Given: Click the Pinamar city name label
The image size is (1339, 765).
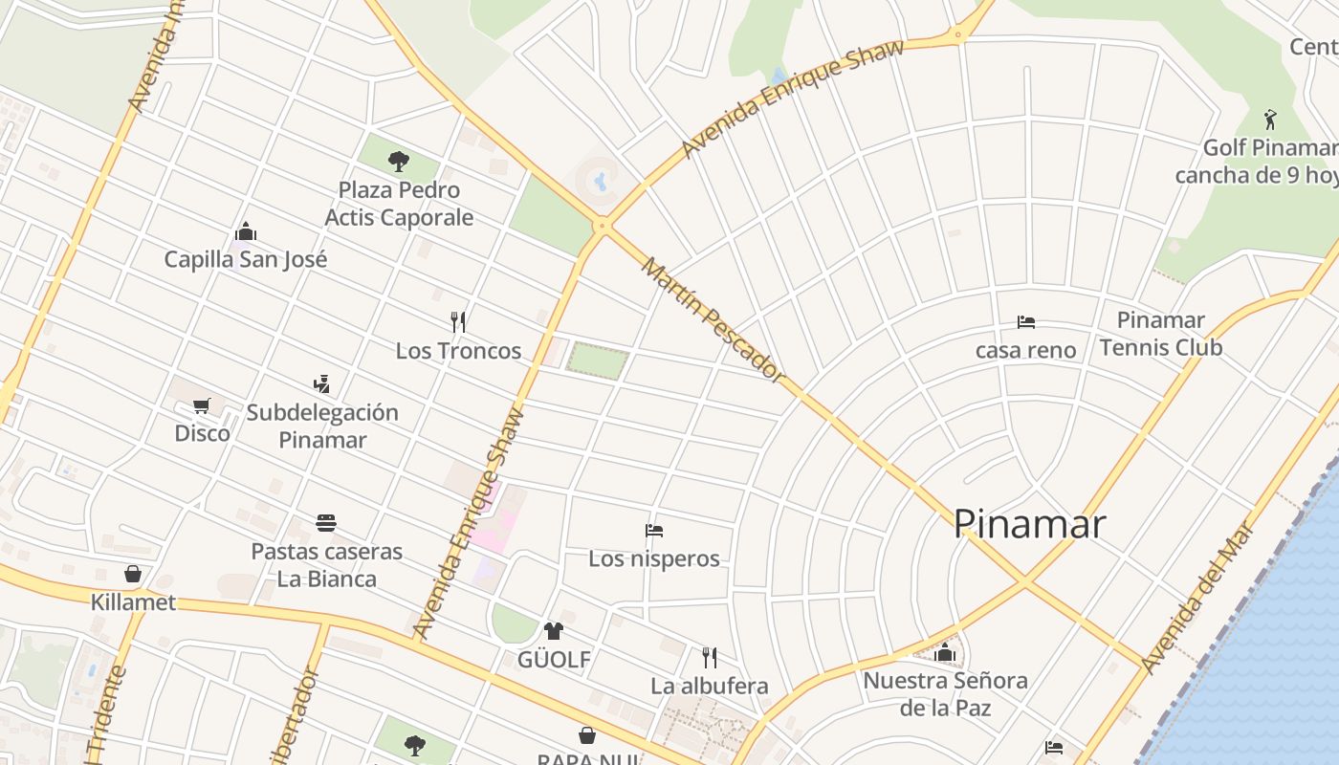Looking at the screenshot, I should click(x=1029, y=524).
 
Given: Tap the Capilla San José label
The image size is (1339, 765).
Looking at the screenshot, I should click(x=246, y=259).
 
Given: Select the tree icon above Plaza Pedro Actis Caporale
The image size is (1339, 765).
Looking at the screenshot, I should click(x=399, y=161).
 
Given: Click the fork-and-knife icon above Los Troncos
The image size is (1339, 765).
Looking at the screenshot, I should click(x=458, y=321).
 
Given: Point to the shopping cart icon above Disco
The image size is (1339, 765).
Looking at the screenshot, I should click(x=201, y=405).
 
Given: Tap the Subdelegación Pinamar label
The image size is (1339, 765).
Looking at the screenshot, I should click(x=322, y=426).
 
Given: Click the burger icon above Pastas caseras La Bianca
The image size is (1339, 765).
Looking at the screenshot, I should click(x=326, y=523).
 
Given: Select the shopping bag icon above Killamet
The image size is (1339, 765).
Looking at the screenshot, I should click(x=133, y=574).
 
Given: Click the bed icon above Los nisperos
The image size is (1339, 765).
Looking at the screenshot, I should click(x=654, y=530).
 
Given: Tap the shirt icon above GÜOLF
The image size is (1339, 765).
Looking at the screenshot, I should click(x=554, y=631).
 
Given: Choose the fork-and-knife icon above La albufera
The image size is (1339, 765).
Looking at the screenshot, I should click(x=709, y=658).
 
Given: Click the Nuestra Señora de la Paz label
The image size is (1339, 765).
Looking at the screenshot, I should click(x=945, y=694).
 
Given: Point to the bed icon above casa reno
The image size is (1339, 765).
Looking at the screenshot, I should click(x=1026, y=322).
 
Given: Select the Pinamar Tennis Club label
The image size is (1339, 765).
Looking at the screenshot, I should click(x=1160, y=334).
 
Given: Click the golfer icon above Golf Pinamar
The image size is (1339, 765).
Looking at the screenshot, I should click(x=1270, y=120).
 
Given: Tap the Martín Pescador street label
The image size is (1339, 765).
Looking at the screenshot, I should click(x=712, y=319).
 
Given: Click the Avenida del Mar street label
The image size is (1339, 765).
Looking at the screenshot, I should click(x=1197, y=597).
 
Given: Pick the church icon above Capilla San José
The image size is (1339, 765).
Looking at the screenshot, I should click(x=246, y=231).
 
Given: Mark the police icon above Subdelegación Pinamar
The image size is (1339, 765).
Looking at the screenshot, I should click(x=321, y=384).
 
